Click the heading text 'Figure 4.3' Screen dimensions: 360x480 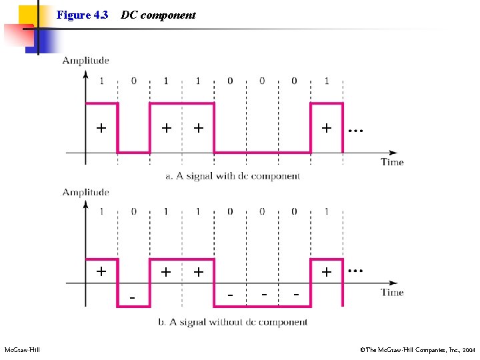click(x=83, y=15)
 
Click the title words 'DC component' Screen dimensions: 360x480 click(x=158, y=15)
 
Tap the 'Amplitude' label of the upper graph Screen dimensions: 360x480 click(x=85, y=61)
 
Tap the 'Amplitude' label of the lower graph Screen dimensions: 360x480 click(x=85, y=193)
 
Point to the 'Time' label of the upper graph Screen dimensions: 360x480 click(x=392, y=161)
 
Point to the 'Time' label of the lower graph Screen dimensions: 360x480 click(x=392, y=292)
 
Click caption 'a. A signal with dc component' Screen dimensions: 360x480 click(x=233, y=176)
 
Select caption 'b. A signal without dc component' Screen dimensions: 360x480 click(x=233, y=322)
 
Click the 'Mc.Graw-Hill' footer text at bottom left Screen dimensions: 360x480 click(x=22, y=350)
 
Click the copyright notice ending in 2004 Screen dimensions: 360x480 click(x=417, y=350)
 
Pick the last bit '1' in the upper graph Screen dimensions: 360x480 click(x=327, y=81)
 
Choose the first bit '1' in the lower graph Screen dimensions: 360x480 click(x=101, y=212)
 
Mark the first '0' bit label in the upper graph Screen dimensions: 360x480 click(x=133, y=81)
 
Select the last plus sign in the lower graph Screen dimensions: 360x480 click(x=327, y=272)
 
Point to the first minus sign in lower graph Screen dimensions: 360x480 click(x=133, y=295)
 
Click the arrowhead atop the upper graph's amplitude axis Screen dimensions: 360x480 click(x=85, y=73)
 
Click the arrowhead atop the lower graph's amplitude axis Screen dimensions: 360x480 click(x=85, y=204)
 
